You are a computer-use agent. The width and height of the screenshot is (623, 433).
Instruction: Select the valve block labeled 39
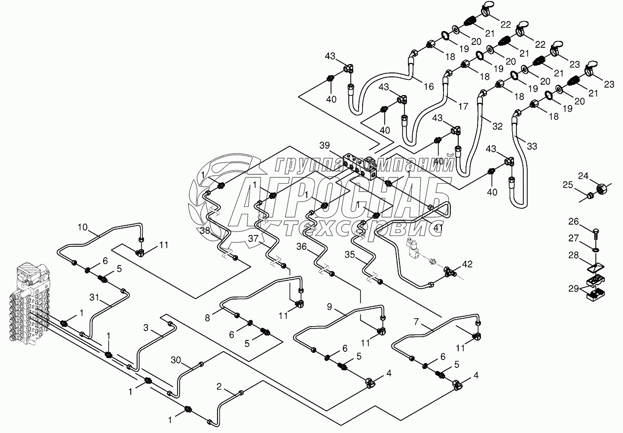click(360, 165)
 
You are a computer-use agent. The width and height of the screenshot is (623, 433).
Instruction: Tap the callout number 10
click(83, 227)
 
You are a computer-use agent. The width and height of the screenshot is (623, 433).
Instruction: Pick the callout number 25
click(569, 184)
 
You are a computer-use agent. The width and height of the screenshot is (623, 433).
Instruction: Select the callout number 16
click(429, 87)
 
